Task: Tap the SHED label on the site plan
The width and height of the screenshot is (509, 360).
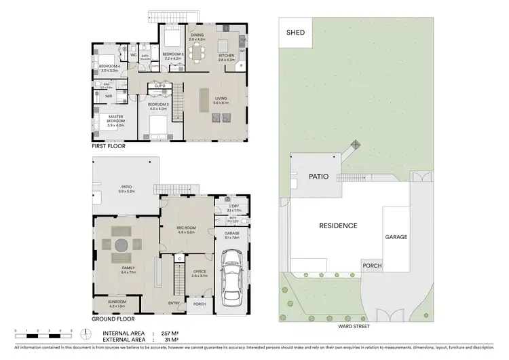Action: (x=296, y=32)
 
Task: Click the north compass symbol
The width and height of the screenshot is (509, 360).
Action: (x=86, y=334)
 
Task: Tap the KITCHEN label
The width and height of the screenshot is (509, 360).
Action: (x=227, y=56)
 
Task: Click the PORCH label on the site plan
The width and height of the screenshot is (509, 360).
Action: (x=371, y=266)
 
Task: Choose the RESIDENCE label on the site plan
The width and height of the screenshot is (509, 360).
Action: (x=338, y=225)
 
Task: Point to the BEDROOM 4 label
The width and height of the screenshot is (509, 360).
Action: (x=110, y=67)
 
